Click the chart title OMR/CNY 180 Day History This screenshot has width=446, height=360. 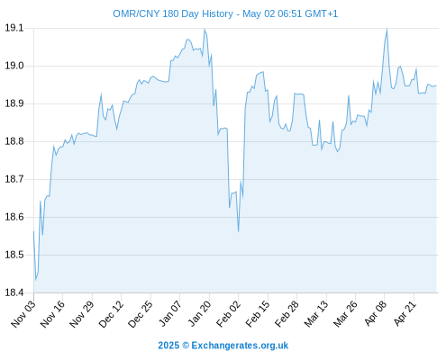point(173,13)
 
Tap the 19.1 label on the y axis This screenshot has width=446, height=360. point(14,28)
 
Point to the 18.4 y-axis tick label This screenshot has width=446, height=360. point(14,292)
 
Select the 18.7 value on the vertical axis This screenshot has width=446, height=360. point(14,179)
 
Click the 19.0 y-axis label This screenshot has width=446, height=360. point(14,66)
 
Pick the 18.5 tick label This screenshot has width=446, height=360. point(14,255)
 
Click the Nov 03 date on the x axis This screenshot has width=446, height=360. point(23,313)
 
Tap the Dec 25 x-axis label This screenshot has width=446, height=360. point(141,313)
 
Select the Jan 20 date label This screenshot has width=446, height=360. point(199,313)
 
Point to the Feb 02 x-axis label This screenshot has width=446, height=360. point(229,313)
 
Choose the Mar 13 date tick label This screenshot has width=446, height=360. point(316,313)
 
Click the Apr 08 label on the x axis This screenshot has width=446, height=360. point(376,313)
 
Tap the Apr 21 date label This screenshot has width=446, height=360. point(405,313)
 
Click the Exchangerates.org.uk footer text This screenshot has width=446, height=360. point(240,346)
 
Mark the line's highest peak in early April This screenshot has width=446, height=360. point(387,29)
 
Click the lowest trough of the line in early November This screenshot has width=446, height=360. point(36,280)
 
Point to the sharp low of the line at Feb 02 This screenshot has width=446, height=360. point(239,231)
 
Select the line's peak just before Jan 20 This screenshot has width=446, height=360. point(205,30)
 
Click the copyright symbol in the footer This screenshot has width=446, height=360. point(186,346)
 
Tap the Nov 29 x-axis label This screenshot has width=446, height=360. point(82,313)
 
